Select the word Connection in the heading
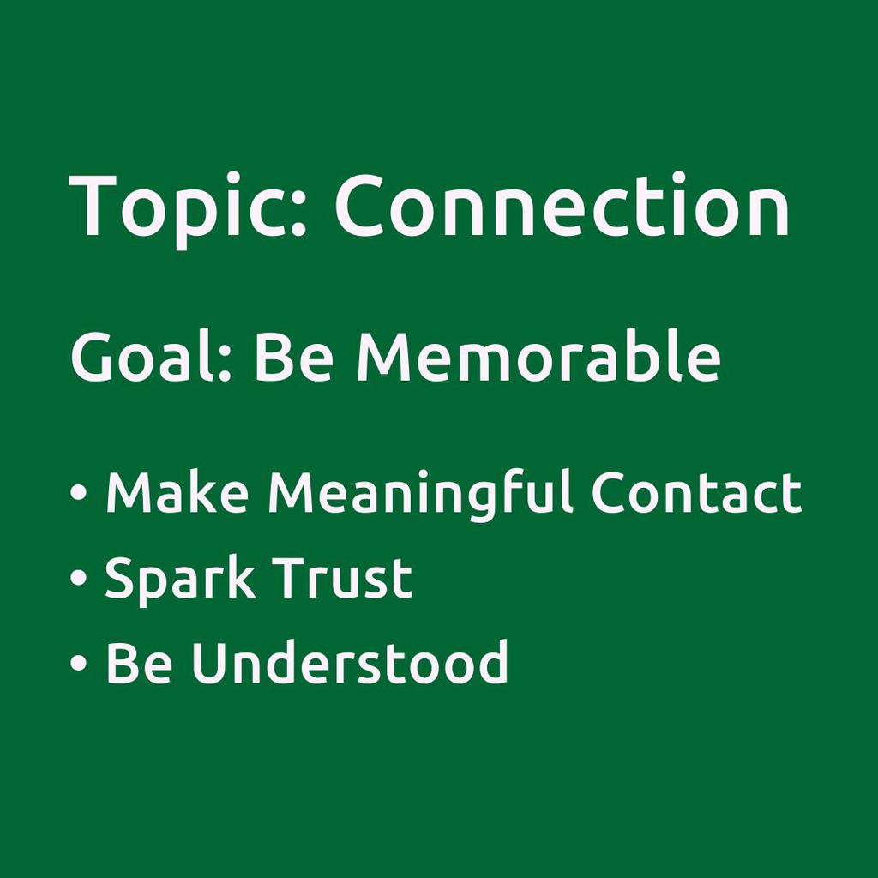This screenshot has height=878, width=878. click(562, 204)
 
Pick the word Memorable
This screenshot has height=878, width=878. click(538, 355)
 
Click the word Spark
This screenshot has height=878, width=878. click(179, 581)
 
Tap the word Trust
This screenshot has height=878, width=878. click(344, 577)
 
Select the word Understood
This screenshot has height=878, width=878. click(350, 662)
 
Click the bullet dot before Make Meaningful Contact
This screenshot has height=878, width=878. click(78, 492)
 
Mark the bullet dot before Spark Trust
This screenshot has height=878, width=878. click(78, 578)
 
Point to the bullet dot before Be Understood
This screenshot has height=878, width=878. click(78, 663)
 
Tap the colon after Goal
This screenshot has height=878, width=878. click(224, 364)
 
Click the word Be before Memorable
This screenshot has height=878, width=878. click(294, 357)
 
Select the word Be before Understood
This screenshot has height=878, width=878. click(139, 663)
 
